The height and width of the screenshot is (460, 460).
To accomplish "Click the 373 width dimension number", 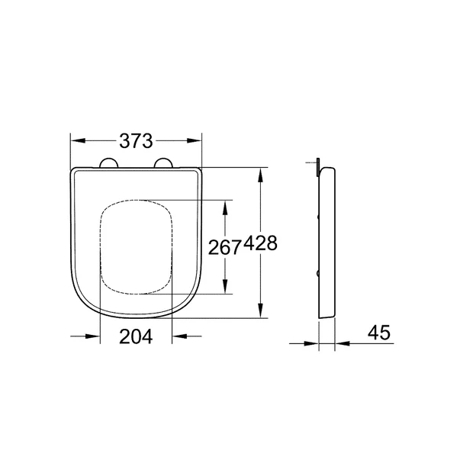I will click(137, 141).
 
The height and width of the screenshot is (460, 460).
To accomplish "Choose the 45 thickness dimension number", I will click(378, 333).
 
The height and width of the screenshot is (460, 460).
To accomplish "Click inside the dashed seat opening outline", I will click(136, 246).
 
